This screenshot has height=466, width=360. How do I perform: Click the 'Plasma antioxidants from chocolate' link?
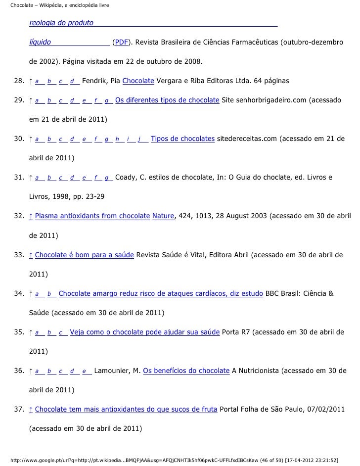point(92,216)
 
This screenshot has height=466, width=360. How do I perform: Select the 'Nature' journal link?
point(162,216)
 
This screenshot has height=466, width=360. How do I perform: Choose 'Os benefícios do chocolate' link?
point(186,371)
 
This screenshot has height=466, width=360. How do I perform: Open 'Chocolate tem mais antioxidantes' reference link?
point(126,410)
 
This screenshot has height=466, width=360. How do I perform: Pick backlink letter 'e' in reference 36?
point(84,371)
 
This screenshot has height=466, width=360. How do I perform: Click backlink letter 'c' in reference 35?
point(61,332)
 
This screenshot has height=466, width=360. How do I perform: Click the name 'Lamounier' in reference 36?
point(113,371)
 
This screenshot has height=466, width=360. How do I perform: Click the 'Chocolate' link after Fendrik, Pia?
point(138,81)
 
